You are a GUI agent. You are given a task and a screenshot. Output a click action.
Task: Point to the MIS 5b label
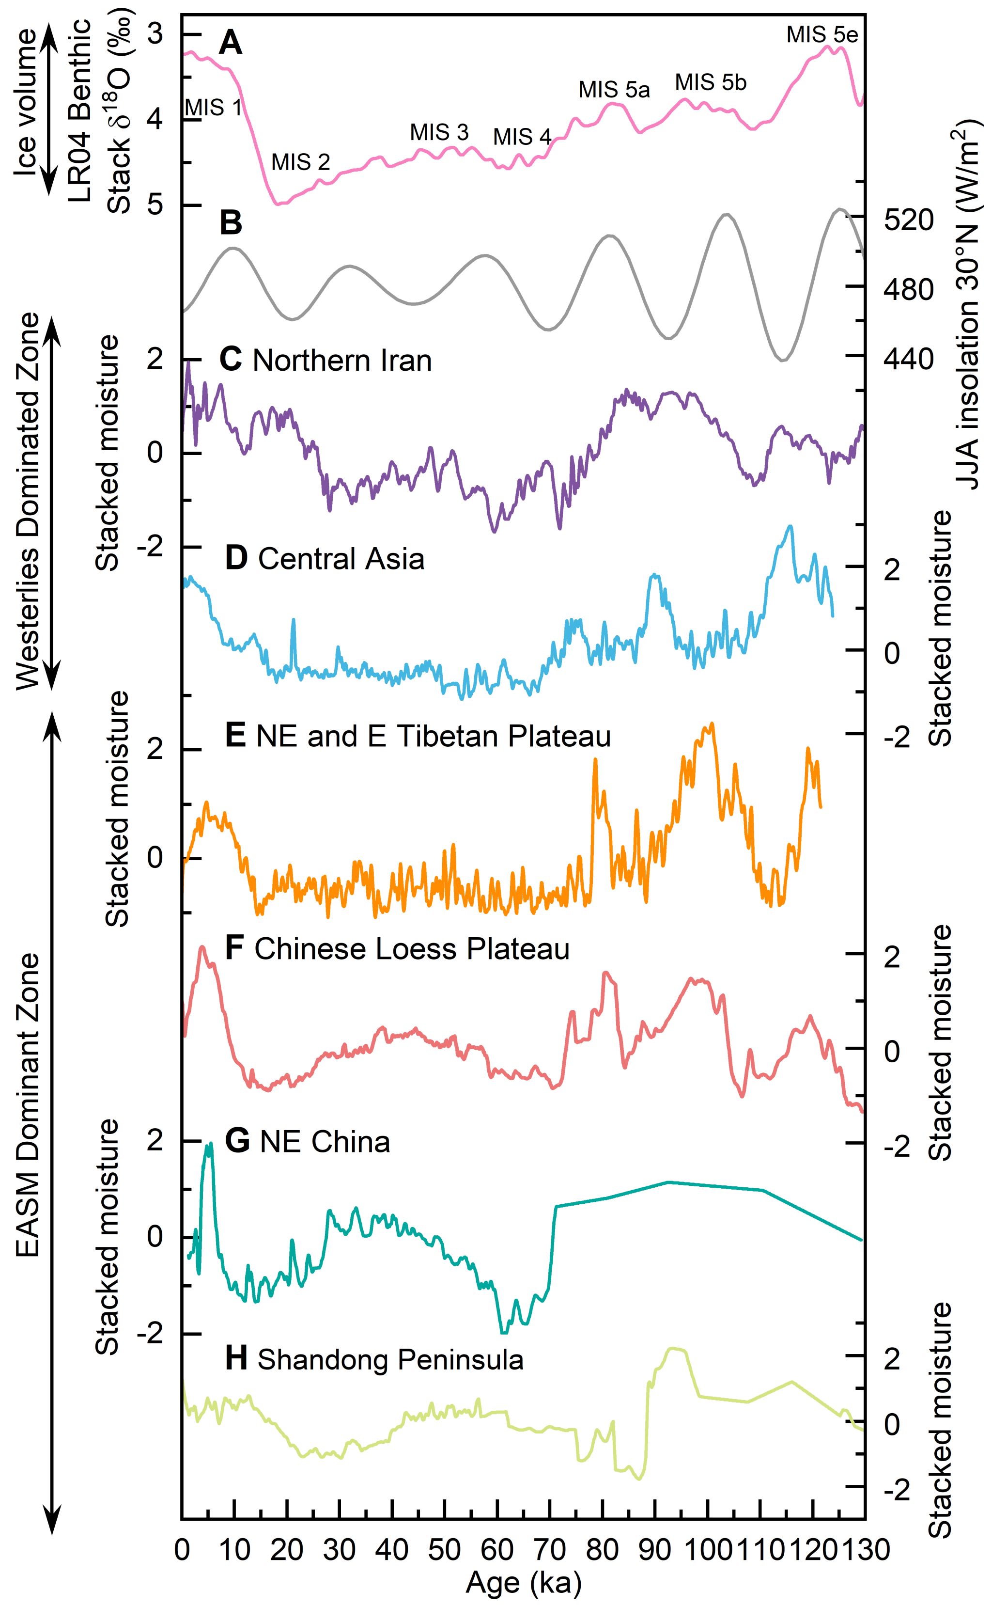pyautogui.click(x=711, y=83)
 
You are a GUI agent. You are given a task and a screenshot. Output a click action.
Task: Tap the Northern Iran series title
pyautogui.click(x=341, y=361)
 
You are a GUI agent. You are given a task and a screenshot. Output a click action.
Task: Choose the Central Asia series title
pyautogui.click(x=341, y=559)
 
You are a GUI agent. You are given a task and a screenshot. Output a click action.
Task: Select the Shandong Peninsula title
pyautogui.click(x=390, y=1360)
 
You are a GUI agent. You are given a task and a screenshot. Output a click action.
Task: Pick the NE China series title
pyautogui.click(x=324, y=1142)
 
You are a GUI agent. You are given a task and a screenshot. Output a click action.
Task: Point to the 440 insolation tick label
pyautogui.click(x=908, y=358)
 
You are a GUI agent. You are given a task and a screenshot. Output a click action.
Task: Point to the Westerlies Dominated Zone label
pyautogui.click(x=26, y=502)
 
